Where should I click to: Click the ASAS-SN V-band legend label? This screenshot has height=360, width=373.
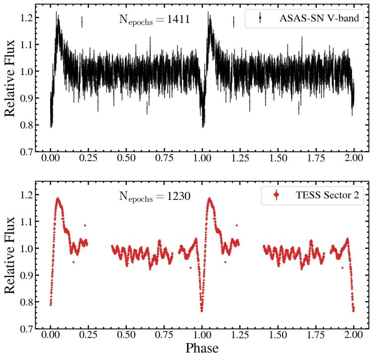click(319, 19)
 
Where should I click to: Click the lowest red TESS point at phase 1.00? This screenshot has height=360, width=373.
click(202, 311)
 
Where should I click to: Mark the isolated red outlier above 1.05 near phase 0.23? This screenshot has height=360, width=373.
click(85, 226)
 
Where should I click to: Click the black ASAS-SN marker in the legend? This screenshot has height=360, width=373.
click(260, 19)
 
